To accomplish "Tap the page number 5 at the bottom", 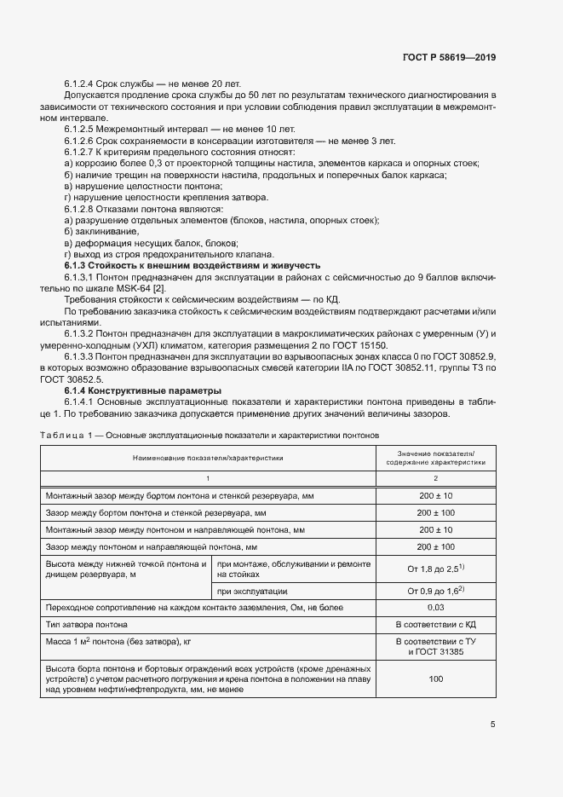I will coord(492,725).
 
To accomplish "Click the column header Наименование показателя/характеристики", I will coord(207,458).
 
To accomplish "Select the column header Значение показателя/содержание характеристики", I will coord(435,458).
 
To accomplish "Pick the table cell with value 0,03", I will coord(435,606).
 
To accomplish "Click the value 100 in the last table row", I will coord(435,679).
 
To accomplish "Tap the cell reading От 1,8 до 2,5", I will coord(434,569).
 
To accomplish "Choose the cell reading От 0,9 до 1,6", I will coord(434,590).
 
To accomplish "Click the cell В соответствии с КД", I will coord(435,624).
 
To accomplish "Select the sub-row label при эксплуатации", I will coord(253,590).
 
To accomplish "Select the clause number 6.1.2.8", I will coord(83,209).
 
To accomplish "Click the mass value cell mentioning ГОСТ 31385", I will coord(435,645).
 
